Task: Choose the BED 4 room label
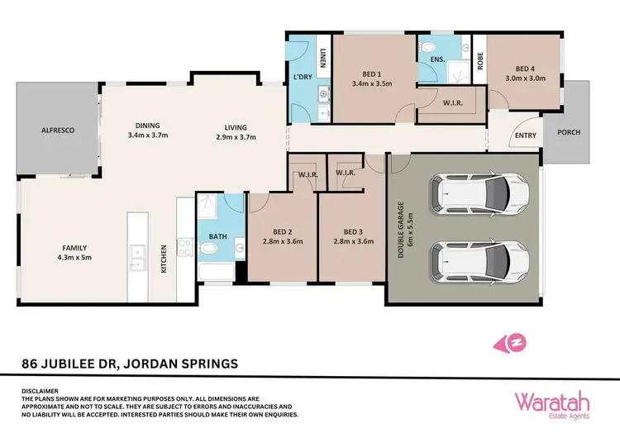point(525,74)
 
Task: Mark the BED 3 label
point(354,237)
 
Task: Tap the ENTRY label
point(526,136)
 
